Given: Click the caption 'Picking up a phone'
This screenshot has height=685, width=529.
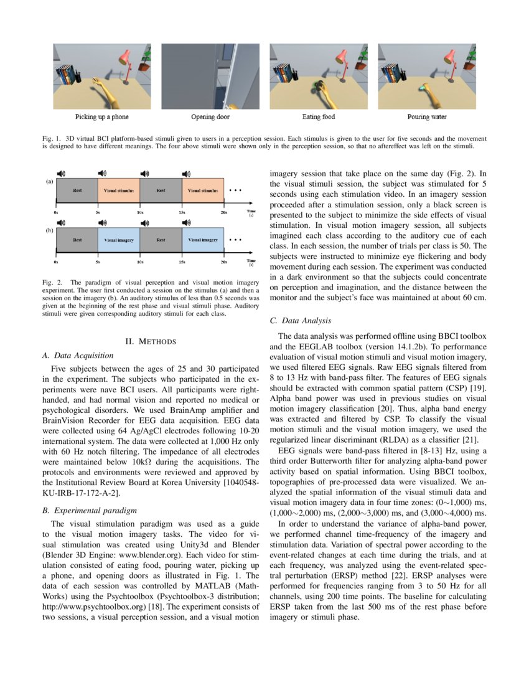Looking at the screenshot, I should pyautogui.click(x=102, y=116).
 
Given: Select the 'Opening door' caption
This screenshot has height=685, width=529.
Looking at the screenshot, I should pyautogui.click(x=210, y=116).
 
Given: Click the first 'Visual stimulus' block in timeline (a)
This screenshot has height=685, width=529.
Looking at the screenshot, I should pyautogui.click(x=118, y=189).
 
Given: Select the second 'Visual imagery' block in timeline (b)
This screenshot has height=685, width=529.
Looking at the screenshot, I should pyautogui.click(x=203, y=239).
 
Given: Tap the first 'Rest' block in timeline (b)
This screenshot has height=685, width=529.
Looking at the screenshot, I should pyautogui.click(x=77, y=239).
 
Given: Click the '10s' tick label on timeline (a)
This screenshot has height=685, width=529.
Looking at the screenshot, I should pyautogui.click(x=140, y=212).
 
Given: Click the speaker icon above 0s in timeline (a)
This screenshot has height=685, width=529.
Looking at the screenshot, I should pyautogui.click(x=61, y=172).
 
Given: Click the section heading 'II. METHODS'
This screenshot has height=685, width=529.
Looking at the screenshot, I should pyautogui.click(x=151, y=341).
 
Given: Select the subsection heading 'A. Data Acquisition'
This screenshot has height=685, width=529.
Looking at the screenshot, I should pyautogui.click(x=78, y=356).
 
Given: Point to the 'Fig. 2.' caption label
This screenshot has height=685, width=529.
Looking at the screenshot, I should pyautogui.click(x=52, y=282).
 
